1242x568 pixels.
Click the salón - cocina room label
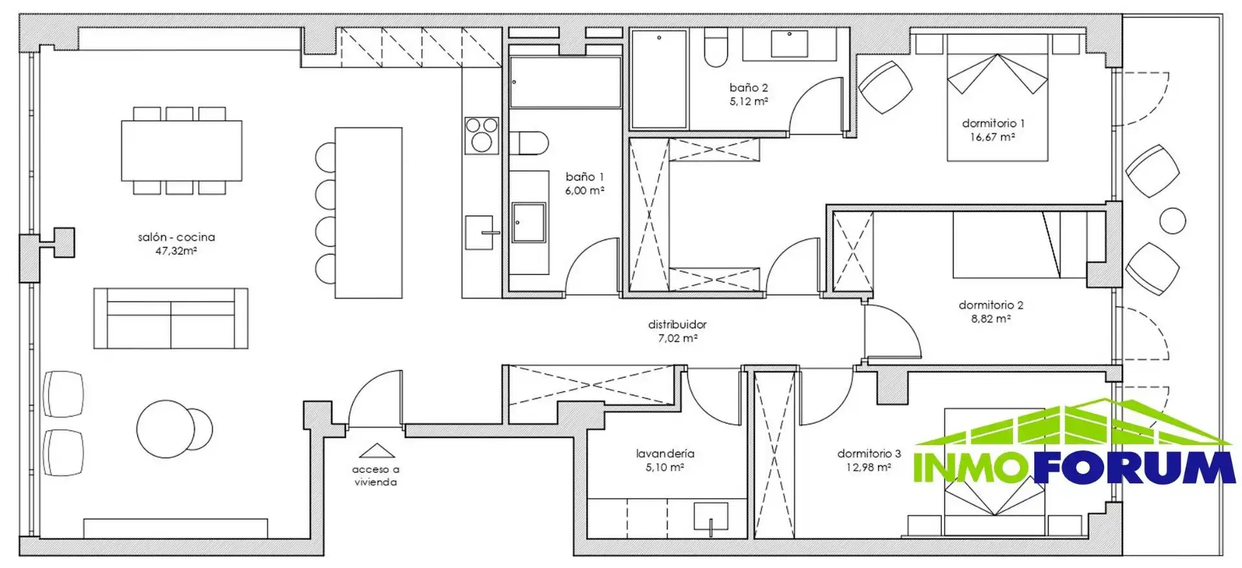coord(176,237)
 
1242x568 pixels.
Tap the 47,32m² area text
coord(176,251)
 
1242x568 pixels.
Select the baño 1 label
coord(584,177)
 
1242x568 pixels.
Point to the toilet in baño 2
coord(716,48)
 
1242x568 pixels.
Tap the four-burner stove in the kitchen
coord(481,136)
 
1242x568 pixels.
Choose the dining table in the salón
coord(182,151)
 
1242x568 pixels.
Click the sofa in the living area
coord(171,318)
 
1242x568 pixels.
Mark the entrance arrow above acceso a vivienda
coord(376,450)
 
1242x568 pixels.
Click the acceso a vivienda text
coord(376,475)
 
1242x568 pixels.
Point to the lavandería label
coord(665,453)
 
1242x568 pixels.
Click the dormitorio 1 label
coord(993,123)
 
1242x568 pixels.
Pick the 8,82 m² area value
coord(990,318)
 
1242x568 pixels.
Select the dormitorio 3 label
coord(869,453)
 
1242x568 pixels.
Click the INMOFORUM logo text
coord(1074,468)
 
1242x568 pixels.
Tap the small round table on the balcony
coord(1173,221)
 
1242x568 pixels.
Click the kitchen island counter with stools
coord(368,213)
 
